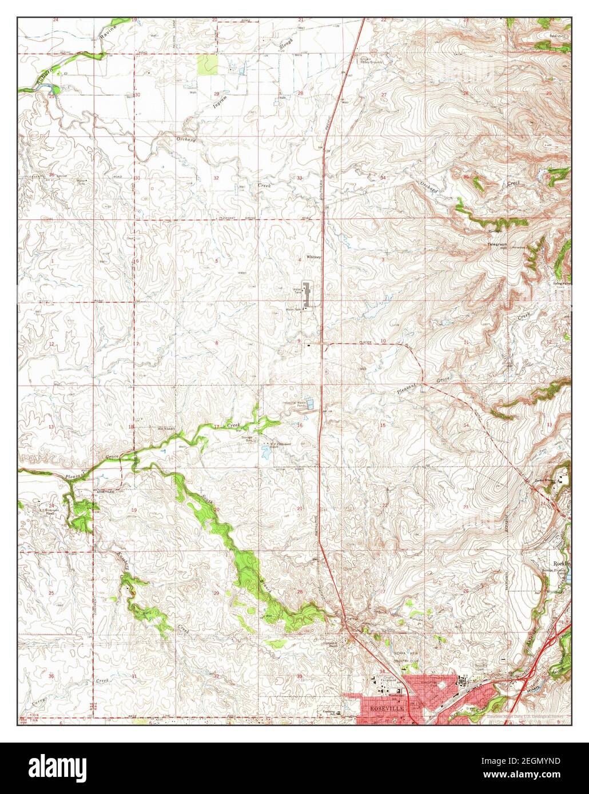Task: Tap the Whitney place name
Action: tap(314, 257)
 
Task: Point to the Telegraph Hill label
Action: tap(497, 246)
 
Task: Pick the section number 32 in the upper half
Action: tap(216, 178)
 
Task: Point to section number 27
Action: tap(384, 94)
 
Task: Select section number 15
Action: tap(383, 426)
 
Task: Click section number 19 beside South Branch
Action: tap(134, 510)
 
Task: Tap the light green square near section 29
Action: tap(207, 65)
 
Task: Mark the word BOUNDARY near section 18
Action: tap(166, 428)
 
